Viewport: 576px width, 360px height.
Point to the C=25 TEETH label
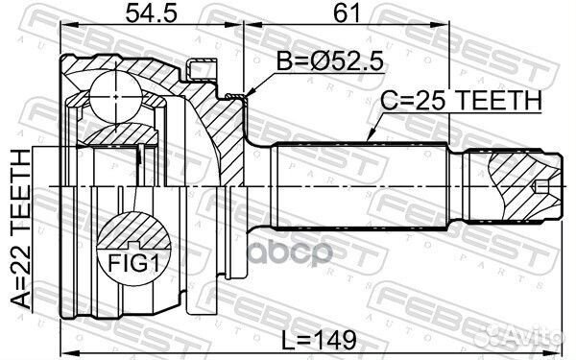click(462, 100)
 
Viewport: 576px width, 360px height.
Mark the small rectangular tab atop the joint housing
click(203, 69)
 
